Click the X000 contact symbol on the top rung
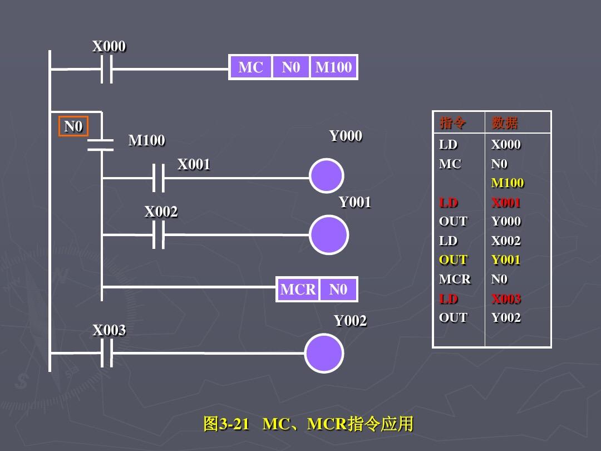click(106, 70)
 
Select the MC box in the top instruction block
click(250, 67)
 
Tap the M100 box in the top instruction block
click(333, 67)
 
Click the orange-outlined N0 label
click(73, 126)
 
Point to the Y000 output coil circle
click(326, 176)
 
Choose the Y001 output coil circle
click(329, 235)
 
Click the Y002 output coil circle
click(324, 353)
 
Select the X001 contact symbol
click(159, 178)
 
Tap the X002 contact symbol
click(159, 235)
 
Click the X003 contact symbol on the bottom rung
click(107, 353)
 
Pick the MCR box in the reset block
click(298, 290)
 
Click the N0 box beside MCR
click(338, 290)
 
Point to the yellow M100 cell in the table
click(508, 183)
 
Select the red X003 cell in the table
click(506, 298)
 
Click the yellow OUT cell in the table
click(453, 259)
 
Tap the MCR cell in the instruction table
click(455, 279)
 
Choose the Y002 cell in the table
click(506, 317)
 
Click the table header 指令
click(453, 122)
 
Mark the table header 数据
click(504, 122)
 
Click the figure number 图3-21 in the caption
click(226, 424)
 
